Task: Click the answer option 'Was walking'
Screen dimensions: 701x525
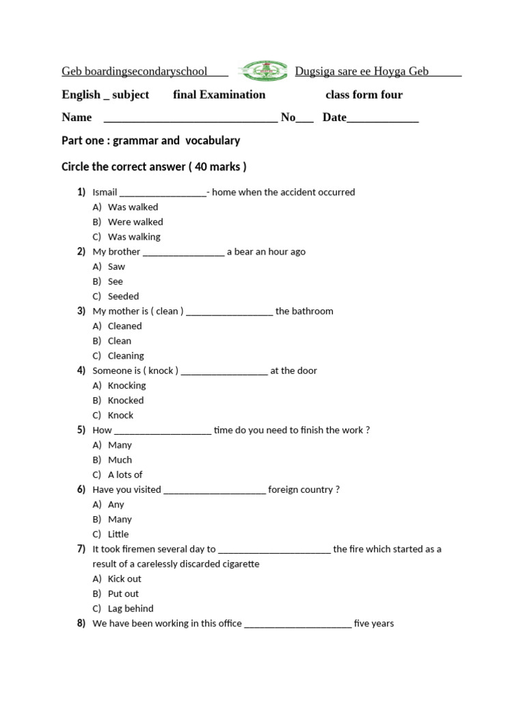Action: pyautogui.click(x=134, y=237)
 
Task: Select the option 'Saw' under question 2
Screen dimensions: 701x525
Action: pyautogui.click(x=116, y=267)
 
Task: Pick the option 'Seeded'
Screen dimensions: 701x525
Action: pyautogui.click(x=123, y=296)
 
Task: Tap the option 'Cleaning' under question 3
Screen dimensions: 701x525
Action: pyautogui.click(x=126, y=356)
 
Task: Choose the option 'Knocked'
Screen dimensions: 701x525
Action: pyautogui.click(x=126, y=400)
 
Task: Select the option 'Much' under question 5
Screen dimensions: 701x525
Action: pyautogui.click(x=120, y=460)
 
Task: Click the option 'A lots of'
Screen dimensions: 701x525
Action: pyautogui.click(x=125, y=475)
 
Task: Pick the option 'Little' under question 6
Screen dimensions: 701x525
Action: pyautogui.click(x=118, y=535)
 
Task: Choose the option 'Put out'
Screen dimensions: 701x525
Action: pyautogui.click(x=123, y=594)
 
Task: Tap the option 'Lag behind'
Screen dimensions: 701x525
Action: pyautogui.click(x=131, y=609)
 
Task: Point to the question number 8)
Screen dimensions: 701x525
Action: pyautogui.click(x=81, y=624)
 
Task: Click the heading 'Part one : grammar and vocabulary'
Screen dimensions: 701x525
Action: pyautogui.click(x=151, y=141)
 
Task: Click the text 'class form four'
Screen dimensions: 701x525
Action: pyautogui.click(x=364, y=95)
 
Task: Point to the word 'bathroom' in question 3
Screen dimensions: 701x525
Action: pyautogui.click(x=312, y=311)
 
